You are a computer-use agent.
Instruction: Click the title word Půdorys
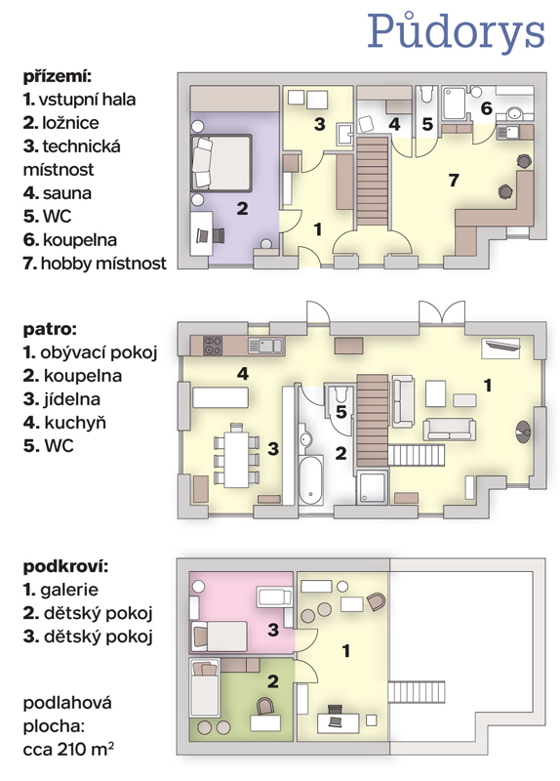[x=456, y=32]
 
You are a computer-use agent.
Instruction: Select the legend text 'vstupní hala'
[x=87, y=100]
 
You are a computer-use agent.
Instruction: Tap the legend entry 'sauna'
[x=66, y=193]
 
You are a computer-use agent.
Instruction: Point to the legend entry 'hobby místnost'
[x=103, y=263]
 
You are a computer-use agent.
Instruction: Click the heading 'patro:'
[x=50, y=329]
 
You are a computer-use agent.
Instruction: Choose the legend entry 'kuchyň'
[x=75, y=423]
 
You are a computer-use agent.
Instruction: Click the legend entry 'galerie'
[x=69, y=591]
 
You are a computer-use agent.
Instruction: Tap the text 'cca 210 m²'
[x=68, y=749]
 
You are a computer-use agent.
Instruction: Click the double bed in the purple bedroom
[x=220, y=163]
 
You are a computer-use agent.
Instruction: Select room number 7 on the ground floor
[x=453, y=180]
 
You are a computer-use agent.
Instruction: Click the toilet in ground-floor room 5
[x=426, y=94]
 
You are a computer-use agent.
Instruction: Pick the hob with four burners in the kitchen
[x=213, y=346]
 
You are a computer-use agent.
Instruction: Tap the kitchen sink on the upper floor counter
[x=265, y=346]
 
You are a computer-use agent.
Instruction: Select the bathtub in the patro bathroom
[x=311, y=480]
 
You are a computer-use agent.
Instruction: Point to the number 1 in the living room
[x=488, y=385]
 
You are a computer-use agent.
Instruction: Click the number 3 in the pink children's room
[x=273, y=630]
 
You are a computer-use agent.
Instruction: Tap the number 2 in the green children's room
[x=273, y=681]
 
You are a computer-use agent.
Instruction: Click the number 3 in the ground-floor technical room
[x=319, y=124]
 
